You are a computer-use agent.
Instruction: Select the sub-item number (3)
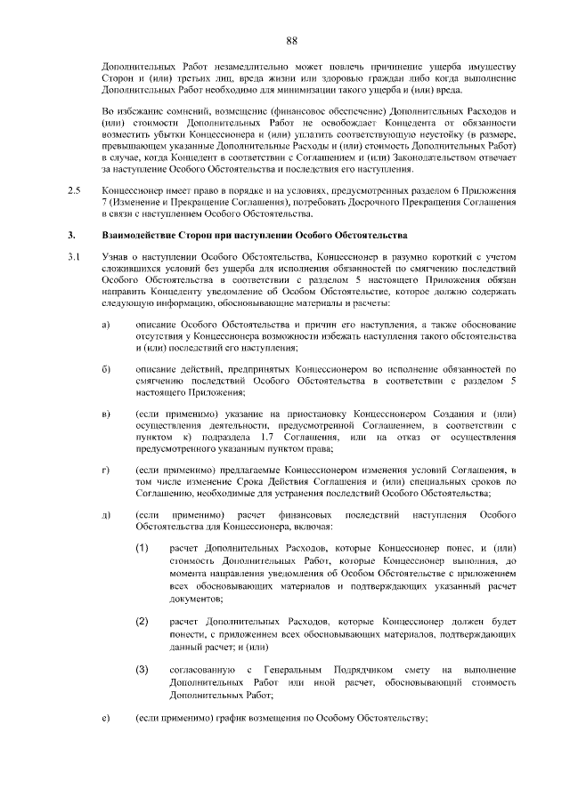point(142,668)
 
